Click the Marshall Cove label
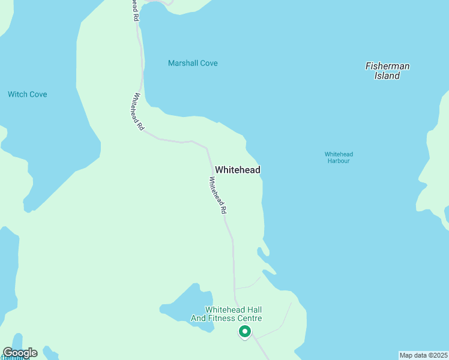click(x=193, y=63)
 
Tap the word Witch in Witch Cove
click(x=18, y=94)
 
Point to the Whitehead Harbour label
click(x=337, y=157)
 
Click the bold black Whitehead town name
click(x=238, y=170)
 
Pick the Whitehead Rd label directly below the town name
click(x=218, y=196)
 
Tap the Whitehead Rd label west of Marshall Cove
click(x=138, y=112)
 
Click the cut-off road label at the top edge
click(x=136, y=11)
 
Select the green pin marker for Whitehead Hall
click(x=244, y=331)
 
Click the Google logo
click(x=20, y=353)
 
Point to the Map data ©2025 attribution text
click(x=424, y=355)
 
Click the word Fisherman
click(x=387, y=66)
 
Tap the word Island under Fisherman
click(x=387, y=76)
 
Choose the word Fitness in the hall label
click(x=221, y=318)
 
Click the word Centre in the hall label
click(x=249, y=318)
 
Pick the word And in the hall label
click(x=199, y=318)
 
